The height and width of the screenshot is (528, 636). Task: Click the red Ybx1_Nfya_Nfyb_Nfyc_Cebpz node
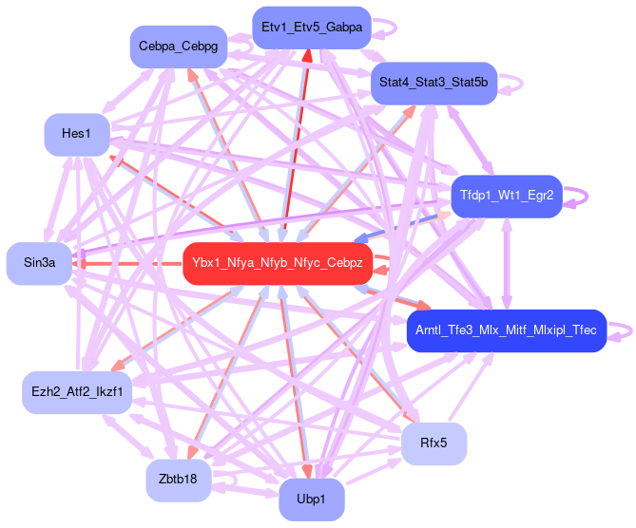click(278, 262)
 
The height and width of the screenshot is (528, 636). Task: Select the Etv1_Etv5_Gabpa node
click(311, 28)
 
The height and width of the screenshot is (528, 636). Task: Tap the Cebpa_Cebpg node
click(178, 46)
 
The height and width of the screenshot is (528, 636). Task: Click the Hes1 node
click(76, 134)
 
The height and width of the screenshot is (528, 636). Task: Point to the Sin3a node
click(40, 263)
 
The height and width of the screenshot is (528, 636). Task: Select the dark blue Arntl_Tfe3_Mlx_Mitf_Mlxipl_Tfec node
click(506, 330)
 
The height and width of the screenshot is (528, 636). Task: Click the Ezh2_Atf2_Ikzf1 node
click(76, 391)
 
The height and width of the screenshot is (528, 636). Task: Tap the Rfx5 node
click(434, 443)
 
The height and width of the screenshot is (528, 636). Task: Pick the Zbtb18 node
click(178, 480)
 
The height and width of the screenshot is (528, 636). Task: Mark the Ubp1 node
click(311, 500)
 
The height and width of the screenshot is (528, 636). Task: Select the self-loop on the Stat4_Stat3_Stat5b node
click(513, 84)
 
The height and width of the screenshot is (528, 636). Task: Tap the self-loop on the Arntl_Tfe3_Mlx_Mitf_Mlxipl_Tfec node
click(622, 330)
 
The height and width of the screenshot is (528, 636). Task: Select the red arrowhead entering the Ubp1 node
click(307, 471)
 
